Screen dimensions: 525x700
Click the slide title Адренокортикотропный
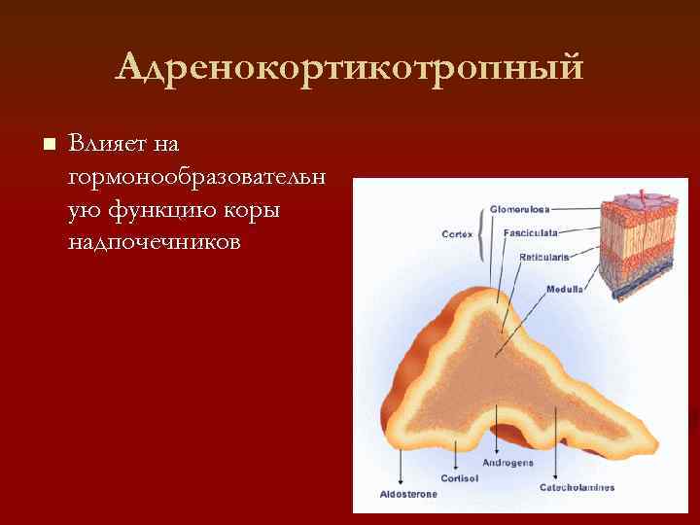pos(350,68)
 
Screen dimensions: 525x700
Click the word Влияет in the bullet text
pos(98,144)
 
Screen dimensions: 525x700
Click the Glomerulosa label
pos(519,209)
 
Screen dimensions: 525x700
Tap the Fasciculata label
pos(529,233)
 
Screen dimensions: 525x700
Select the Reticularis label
pos(544,258)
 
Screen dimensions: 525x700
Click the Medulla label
pos(565,290)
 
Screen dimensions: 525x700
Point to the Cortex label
pos(457,234)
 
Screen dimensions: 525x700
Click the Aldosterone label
pos(408,494)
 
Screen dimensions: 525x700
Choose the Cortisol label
pos(459,478)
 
